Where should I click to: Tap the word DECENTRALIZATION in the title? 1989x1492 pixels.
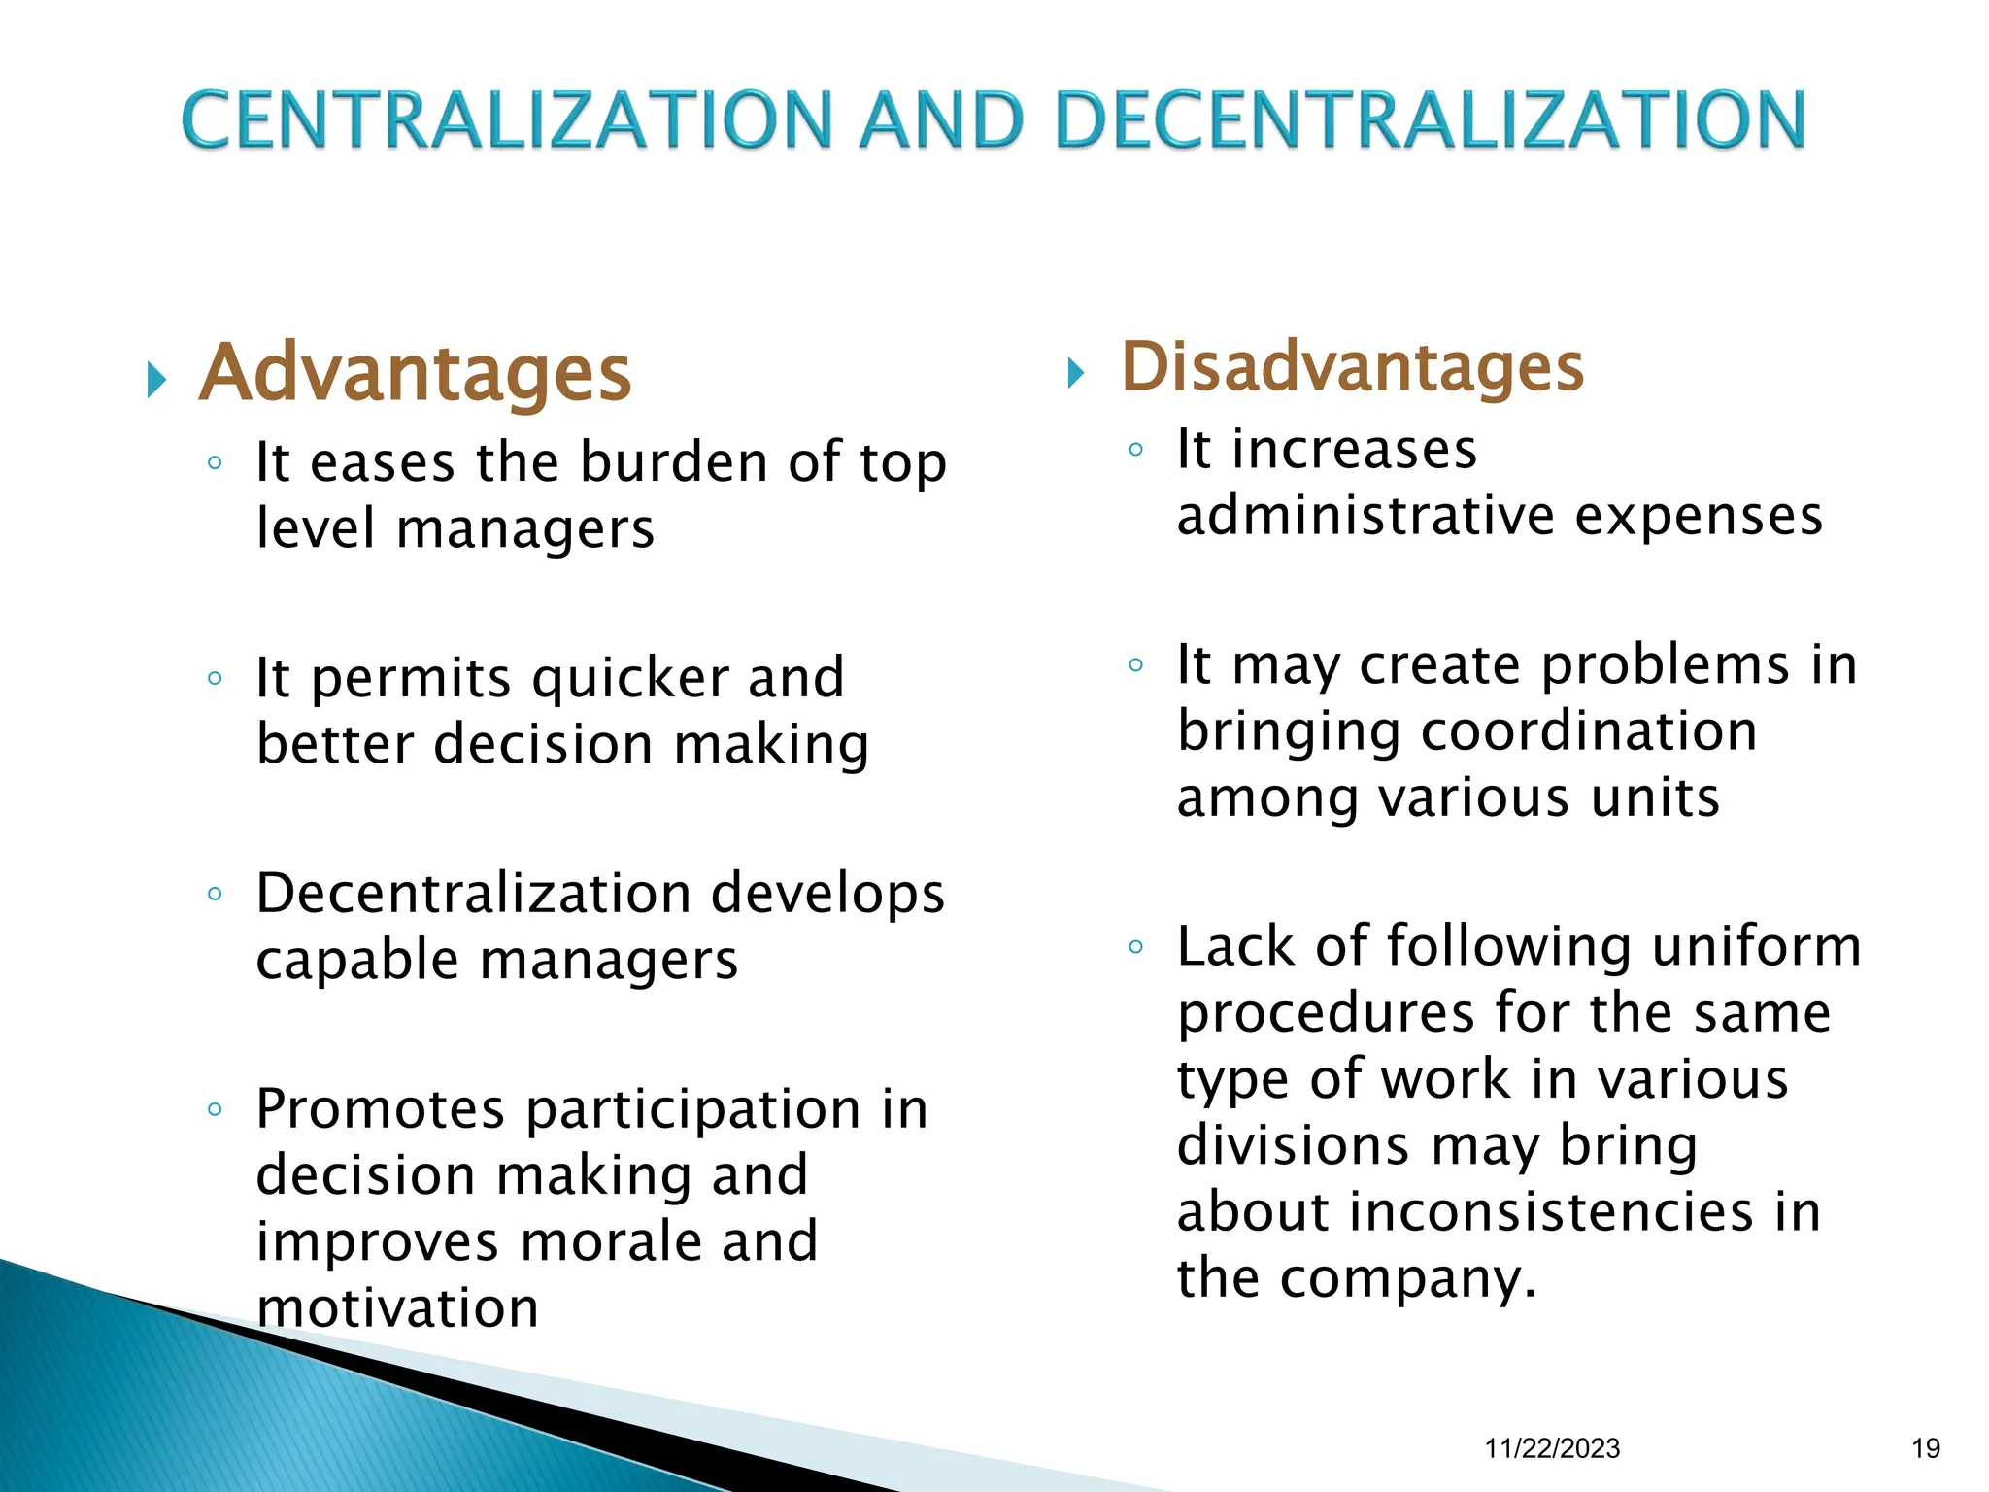pyautogui.click(x=1430, y=120)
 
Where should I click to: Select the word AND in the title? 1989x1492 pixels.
pyautogui.click(x=940, y=120)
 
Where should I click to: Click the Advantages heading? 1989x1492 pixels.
pyautogui.click(x=416, y=374)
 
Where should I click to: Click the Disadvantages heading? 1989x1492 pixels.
pyautogui.click(x=1353, y=368)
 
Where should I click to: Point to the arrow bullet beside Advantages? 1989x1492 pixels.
pyautogui.click(x=156, y=380)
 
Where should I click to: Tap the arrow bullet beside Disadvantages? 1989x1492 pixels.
pyautogui.click(x=1076, y=372)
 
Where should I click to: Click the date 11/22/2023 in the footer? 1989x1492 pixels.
pyautogui.click(x=1552, y=1448)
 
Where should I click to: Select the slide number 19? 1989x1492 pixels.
pyautogui.click(x=1925, y=1448)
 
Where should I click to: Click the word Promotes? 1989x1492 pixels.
pyautogui.click(x=381, y=1109)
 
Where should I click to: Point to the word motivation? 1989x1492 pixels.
pyautogui.click(x=398, y=1308)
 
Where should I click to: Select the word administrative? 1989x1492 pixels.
pyautogui.click(x=1365, y=516)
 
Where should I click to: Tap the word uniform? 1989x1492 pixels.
pyautogui.click(x=1756, y=947)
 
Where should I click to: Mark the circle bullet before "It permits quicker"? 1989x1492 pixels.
pyautogui.click(x=216, y=678)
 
